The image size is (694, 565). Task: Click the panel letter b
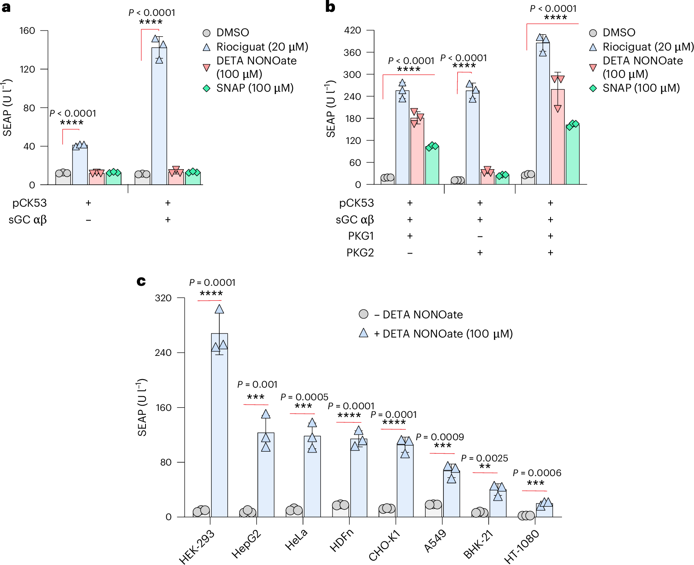[330, 7]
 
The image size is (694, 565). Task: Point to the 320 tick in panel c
[163, 298]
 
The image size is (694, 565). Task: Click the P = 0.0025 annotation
[485, 458]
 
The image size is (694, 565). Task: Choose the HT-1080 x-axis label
[522, 547]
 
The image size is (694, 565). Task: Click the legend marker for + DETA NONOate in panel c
[364, 333]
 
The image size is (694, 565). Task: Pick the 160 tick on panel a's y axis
[27, 31]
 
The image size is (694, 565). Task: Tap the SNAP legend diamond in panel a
[207, 88]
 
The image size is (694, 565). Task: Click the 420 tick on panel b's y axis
[353, 30]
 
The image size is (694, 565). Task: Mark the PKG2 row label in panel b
[360, 253]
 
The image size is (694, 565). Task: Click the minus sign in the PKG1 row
[480, 236]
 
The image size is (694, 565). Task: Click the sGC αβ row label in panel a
[28, 220]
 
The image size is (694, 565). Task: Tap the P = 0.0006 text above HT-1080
[537, 473]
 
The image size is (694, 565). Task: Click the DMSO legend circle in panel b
[593, 33]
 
